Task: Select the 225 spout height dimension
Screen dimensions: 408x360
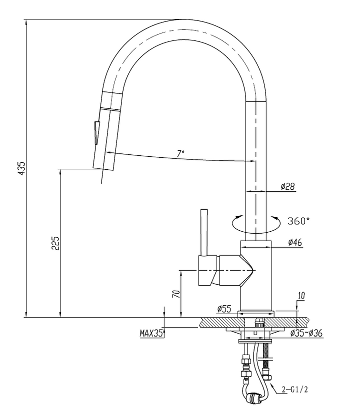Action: (x=56, y=243)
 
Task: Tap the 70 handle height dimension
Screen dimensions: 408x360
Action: (x=175, y=294)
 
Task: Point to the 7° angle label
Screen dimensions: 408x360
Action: (x=180, y=153)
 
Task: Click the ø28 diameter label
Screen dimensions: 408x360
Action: (x=287, y=186)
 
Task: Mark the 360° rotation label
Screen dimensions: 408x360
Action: (x=299, y=220)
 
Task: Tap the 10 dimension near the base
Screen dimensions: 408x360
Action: (x=300, y=296)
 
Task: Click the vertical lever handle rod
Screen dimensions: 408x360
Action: (x=203, y=232)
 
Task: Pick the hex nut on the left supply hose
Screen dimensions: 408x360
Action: (x=246, y=373)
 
